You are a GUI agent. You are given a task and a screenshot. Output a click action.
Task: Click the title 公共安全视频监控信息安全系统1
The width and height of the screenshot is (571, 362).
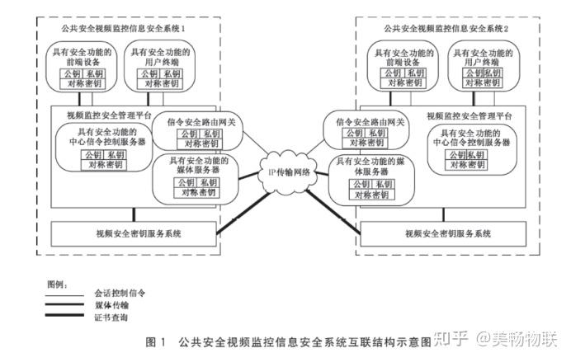click(125, 30)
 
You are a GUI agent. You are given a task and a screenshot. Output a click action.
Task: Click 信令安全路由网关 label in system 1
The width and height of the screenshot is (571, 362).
click(201, 122)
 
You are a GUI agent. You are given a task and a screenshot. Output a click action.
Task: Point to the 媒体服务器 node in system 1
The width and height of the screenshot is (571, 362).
click(196, 165)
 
